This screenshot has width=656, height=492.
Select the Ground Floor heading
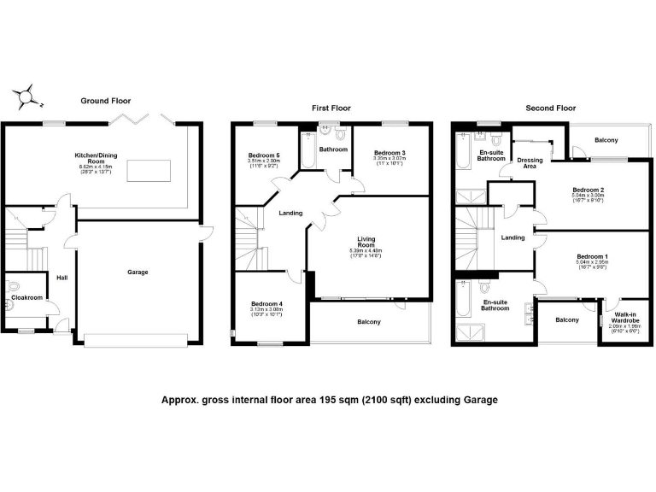(x=104, y=101)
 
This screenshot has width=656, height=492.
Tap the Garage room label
(x=138, y=272)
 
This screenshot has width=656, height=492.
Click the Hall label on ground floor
(x=61, y=278)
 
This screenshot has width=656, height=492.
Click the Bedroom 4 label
(x=266, y=304)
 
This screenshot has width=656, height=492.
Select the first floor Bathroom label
(x=333, y=149)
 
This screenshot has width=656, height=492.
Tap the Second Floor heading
(x=551, y=108)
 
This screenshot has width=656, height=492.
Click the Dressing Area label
(x=530, y=163)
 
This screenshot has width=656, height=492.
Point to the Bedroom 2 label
(x=589, y=189)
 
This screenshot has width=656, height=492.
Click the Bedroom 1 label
(x=592, y=256)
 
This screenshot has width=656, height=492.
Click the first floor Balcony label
(x=368, y=321)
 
